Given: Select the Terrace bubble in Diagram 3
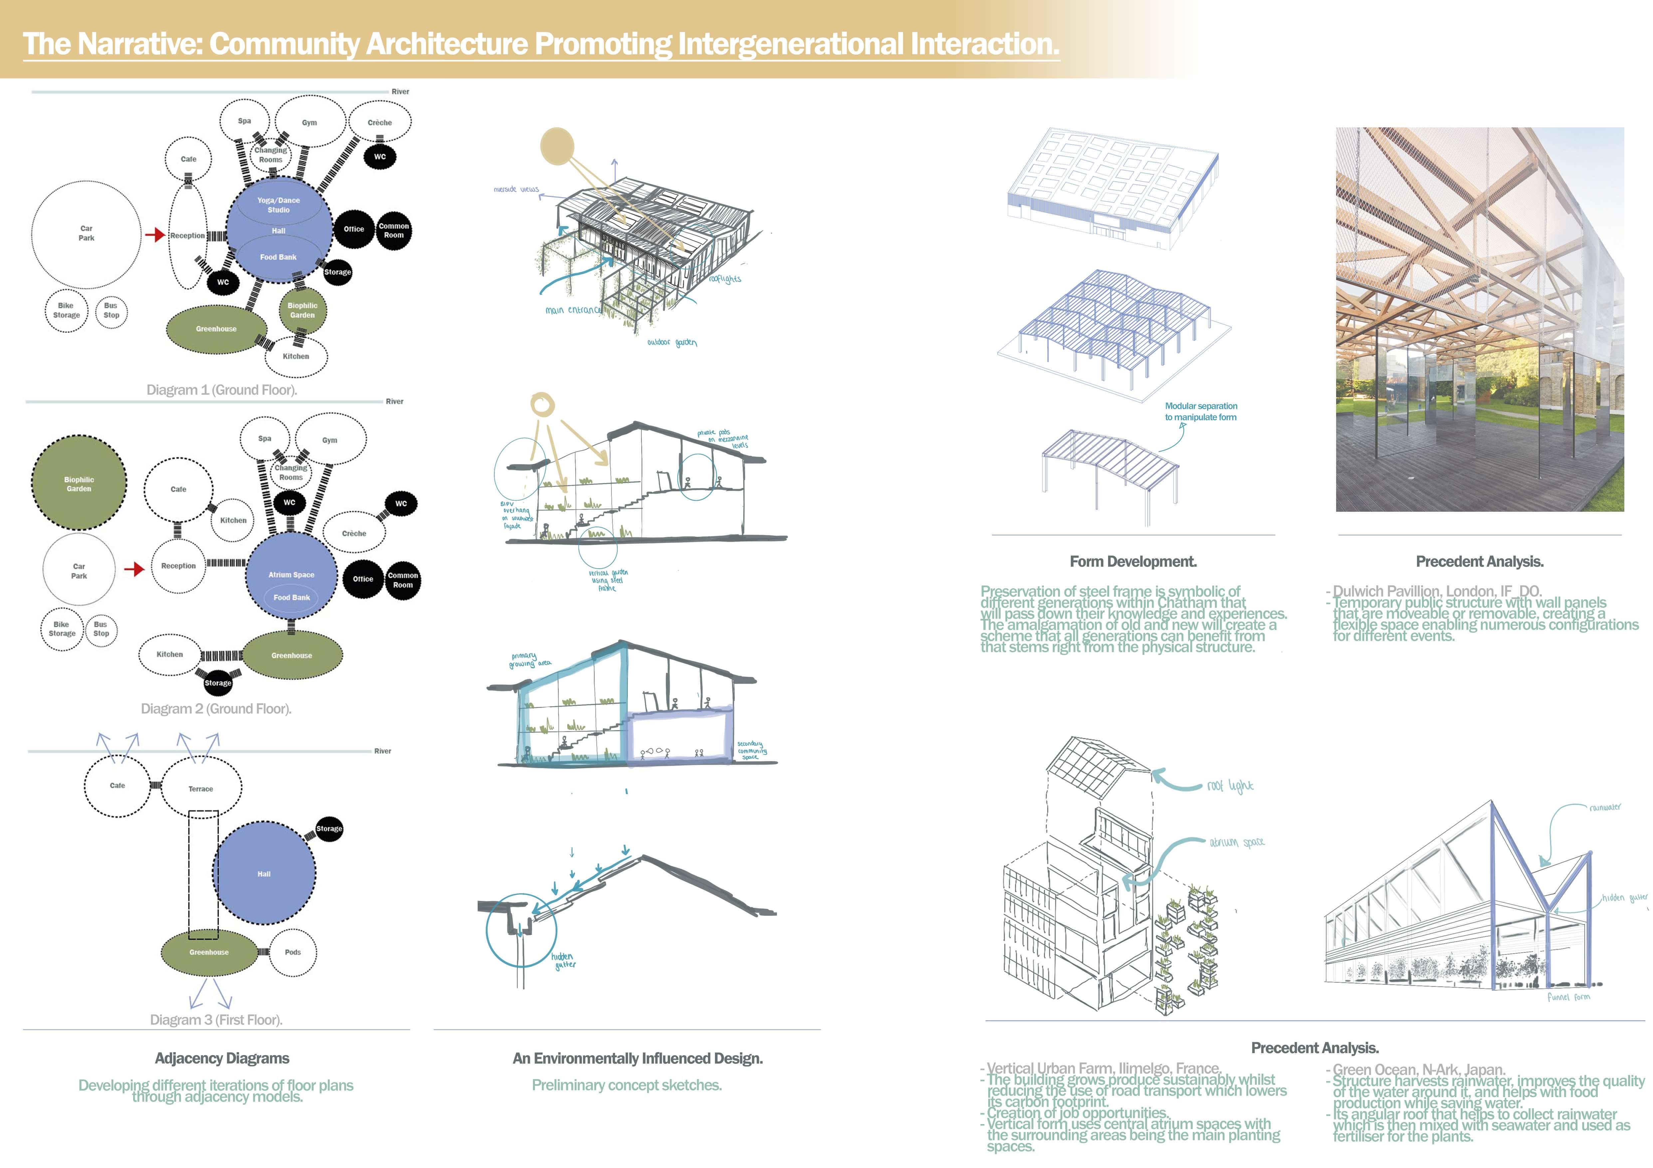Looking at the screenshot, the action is (x=201, y=788).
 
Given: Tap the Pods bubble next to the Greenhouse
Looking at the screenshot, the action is (x=292, y=952).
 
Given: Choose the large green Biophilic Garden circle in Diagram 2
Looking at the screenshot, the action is (x=79, y=484).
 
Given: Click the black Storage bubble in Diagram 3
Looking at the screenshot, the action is (x=329, y=829).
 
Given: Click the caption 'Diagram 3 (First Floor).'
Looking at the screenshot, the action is (x=216, y=1020).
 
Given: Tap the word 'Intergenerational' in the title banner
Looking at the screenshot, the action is (x=790, y=44).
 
